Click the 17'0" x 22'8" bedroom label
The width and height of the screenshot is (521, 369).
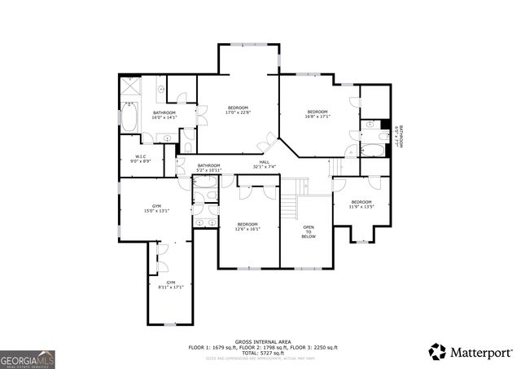click(x=238, y=111)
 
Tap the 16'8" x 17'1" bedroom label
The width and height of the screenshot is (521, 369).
click(x=317, y=114)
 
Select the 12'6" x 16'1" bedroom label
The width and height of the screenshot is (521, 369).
click(x=247, y=226)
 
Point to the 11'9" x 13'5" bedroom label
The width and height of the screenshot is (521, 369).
click(x=361, y=204)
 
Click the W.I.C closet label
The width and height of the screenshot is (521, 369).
click(x=141, y=158)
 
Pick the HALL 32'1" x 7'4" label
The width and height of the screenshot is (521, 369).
click(x=265, y=165)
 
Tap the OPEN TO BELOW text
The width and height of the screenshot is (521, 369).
click(x=309, y=232)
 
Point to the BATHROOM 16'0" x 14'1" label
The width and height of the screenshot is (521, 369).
click(x=164, y=115)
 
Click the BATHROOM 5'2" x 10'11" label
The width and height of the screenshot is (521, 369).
click(x=209, y=168)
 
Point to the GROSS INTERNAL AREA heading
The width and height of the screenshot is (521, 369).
click(x=260, y=341)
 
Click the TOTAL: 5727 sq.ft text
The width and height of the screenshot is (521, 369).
click(x=260, y=353)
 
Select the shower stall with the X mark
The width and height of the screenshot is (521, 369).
click(x=131, y=86)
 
